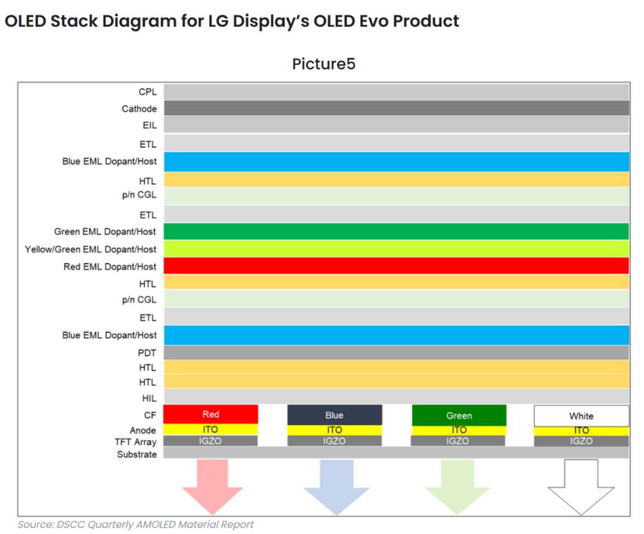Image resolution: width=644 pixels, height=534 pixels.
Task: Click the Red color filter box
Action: pos(210,414)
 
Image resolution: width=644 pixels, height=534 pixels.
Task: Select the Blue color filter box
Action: pos(335,415)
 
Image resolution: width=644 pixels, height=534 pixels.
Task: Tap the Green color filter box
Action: pos(459,415)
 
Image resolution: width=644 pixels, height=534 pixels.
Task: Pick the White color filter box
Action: pos(581,415)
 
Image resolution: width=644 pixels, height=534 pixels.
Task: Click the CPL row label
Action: pos(147,92)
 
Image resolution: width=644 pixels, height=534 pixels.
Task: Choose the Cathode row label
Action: pos(140,108)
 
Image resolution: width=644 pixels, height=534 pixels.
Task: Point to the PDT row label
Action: pos(147,353)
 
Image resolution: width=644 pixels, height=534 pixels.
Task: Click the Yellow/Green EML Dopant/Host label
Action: pos(91,249)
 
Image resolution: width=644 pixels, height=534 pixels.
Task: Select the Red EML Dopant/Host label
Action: pos(110,266)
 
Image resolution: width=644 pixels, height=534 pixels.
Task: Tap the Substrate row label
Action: pos(137,454)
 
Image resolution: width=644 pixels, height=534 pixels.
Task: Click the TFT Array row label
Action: pos(135,442)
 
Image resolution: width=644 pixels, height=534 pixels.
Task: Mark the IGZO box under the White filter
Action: pos(581,441)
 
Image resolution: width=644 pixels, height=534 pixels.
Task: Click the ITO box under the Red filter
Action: pos(210,429)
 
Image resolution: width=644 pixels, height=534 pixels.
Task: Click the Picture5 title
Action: pos(323,64)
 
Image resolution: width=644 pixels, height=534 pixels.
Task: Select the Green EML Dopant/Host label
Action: pos(105,231)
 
